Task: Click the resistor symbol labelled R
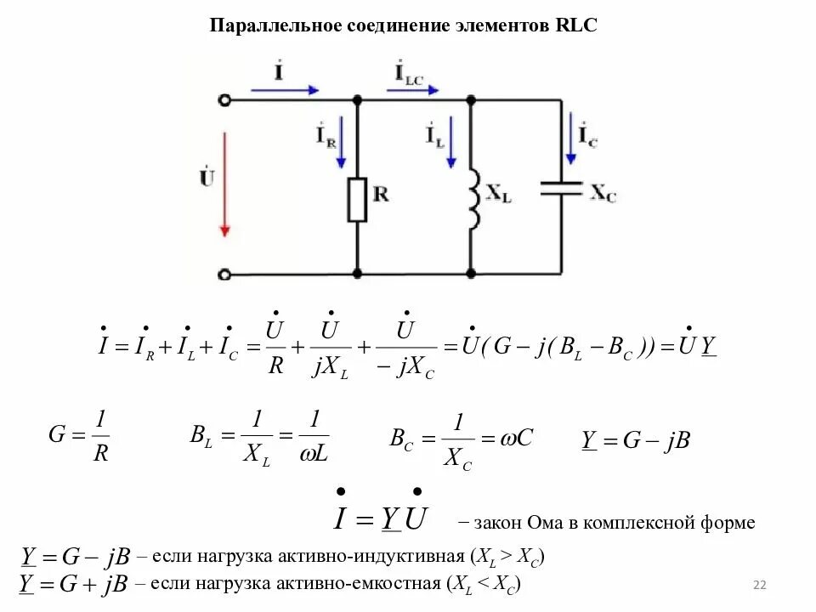tap(358, 200)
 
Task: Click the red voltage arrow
tap(224, 183)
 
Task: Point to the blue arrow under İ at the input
tap(286, 89)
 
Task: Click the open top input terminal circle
tap(224, 100)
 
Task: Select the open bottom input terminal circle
tap(224, 275)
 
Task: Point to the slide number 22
tap(760, 586)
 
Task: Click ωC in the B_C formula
tap(515, 438)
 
